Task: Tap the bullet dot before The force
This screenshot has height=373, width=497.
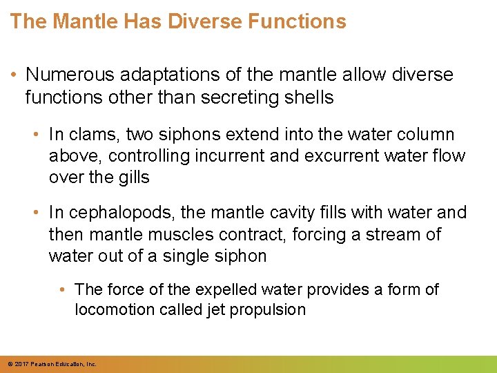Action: [64, 289]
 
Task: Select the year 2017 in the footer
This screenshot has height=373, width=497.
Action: [21, 364]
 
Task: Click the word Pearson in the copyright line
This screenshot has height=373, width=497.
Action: [42, 364]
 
